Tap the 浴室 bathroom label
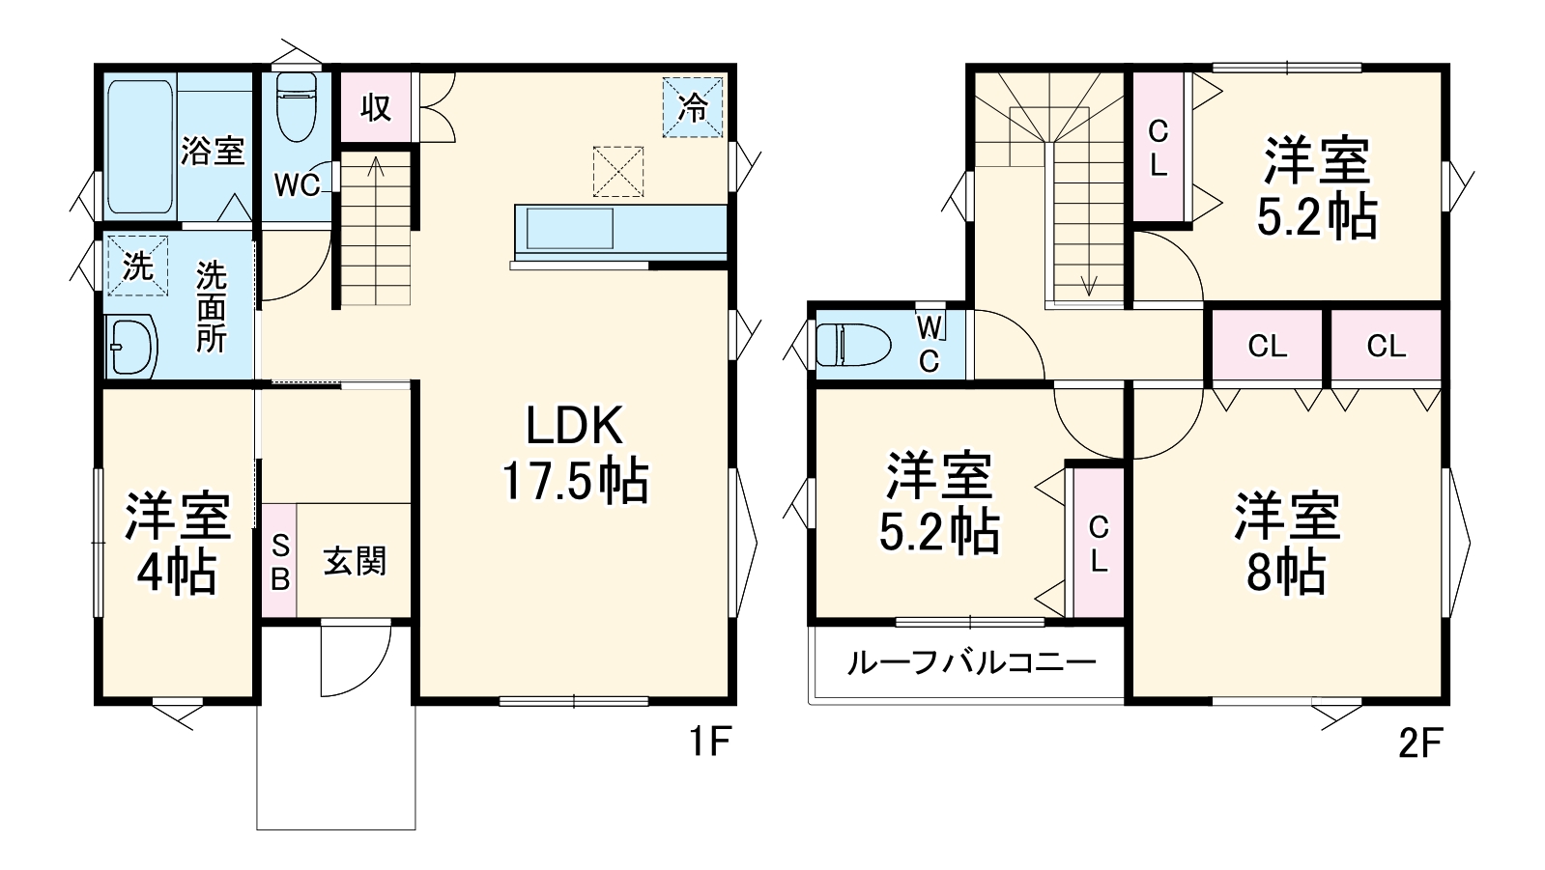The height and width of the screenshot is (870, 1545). click(x=213, y=151)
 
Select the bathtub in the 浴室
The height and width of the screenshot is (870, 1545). click(x=139, y=146)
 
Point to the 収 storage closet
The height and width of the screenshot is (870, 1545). click(x=376, y=106)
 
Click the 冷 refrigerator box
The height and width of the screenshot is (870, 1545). click(x=693, y=106)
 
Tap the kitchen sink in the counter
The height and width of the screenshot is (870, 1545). click(x=569, y=229)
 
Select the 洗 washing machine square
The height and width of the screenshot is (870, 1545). click(x=137, y=265)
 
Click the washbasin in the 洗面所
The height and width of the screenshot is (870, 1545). click(x=131, y=346)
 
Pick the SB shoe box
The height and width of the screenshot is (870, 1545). click(x=279, y=561)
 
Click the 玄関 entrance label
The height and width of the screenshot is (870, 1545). click(x=355, y=561)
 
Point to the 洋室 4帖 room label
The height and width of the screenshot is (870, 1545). click(x=177, y=546)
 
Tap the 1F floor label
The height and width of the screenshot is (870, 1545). click(x=708, y=743)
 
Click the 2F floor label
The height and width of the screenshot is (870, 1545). click(x=1419, y=743)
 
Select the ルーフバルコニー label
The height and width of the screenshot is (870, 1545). click(x=971, y=662)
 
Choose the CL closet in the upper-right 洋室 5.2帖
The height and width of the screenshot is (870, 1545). click(x=1159, y=147)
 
